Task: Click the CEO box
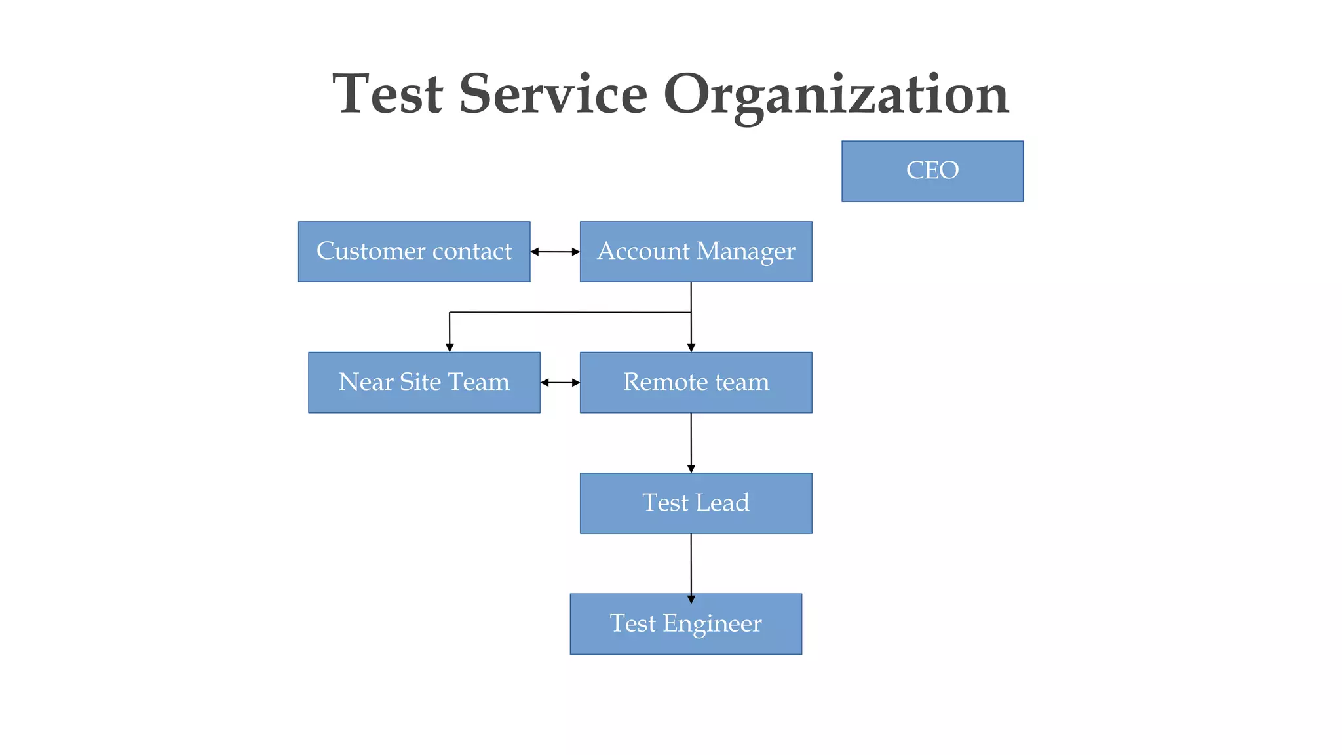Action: [932, 171]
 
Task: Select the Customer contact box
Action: [414, 252]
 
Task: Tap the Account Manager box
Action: [696, 252]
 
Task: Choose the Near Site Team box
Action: [424, 383]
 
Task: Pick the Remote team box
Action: [696, 383]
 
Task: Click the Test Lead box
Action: [696, 503]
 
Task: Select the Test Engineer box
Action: [685, 624]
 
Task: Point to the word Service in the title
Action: [553, 94]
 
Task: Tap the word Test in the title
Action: [388, 94]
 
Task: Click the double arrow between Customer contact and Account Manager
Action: [555, 252]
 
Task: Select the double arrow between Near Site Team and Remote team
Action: [560, 383]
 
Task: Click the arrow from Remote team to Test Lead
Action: [691, 442]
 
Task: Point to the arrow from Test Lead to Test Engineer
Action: [691, 564]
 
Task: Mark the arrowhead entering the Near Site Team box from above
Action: [450, 347]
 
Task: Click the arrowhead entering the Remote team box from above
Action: [691, 347]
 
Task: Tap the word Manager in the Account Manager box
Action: [746, 252]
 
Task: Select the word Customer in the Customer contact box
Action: [371, 251]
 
